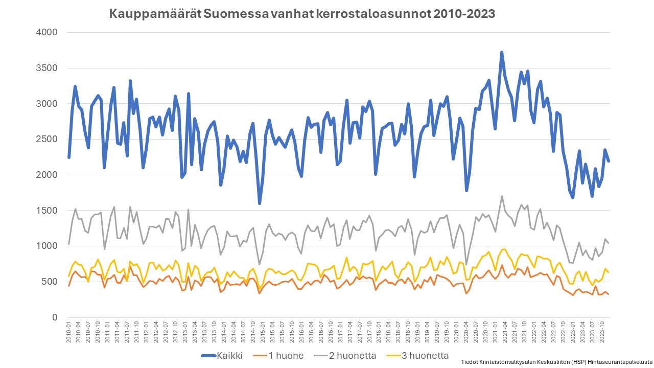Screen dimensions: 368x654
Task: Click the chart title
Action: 302,14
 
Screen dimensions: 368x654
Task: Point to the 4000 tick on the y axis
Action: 47,32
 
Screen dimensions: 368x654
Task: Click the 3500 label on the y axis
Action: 47,68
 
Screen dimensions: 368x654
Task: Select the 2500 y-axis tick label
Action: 47,139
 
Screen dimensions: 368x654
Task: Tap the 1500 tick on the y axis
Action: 47,211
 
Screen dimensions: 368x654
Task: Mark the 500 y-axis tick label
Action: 50,282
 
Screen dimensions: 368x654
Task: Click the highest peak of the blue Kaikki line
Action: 502,52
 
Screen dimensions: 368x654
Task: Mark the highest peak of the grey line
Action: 502,196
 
